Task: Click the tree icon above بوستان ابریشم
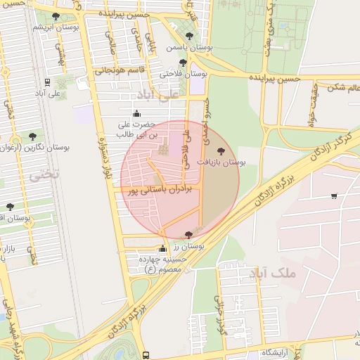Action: click(56, 16)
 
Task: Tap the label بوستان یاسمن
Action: click(184, 49)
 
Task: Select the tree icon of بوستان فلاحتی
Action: click(183, 63)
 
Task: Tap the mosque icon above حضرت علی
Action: click(136, 113)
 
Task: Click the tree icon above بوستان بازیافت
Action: click(221, 150)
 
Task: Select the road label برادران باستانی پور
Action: click(161, 189)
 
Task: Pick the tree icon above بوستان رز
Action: click(187, 235)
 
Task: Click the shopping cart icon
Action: click(333, 196)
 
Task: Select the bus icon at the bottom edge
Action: click(146, 356)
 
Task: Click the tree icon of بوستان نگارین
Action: click(32, 136)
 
